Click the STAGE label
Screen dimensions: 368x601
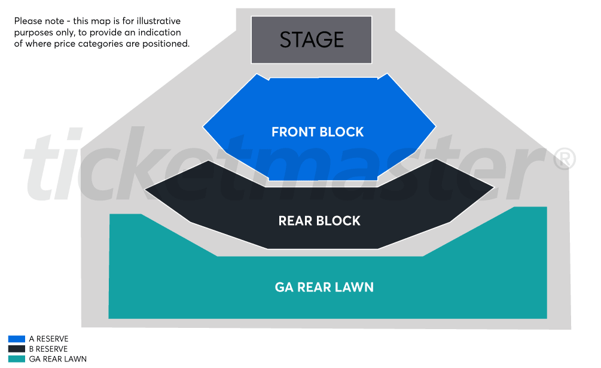tap(312, 39)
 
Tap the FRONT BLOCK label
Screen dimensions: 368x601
tap(317, 132)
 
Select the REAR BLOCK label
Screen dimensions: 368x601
tap(319, 221)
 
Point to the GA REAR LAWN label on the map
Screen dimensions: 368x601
tap(324, 287)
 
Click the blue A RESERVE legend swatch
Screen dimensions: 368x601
tap(17, 339)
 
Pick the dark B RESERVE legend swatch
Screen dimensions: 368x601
tap(17, 349)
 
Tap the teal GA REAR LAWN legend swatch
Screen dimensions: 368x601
tap(17, 359)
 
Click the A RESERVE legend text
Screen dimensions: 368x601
tap(48, 339)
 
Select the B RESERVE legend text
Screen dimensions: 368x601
tap(48, 349)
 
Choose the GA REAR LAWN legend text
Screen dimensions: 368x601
tap(57, 359)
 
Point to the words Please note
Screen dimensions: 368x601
tap(36, 21)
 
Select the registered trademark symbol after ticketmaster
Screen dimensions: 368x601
tap(565, 159)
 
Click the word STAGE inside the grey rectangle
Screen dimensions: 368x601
tap(312, 39)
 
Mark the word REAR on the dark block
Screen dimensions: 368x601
tap(295, 221)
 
